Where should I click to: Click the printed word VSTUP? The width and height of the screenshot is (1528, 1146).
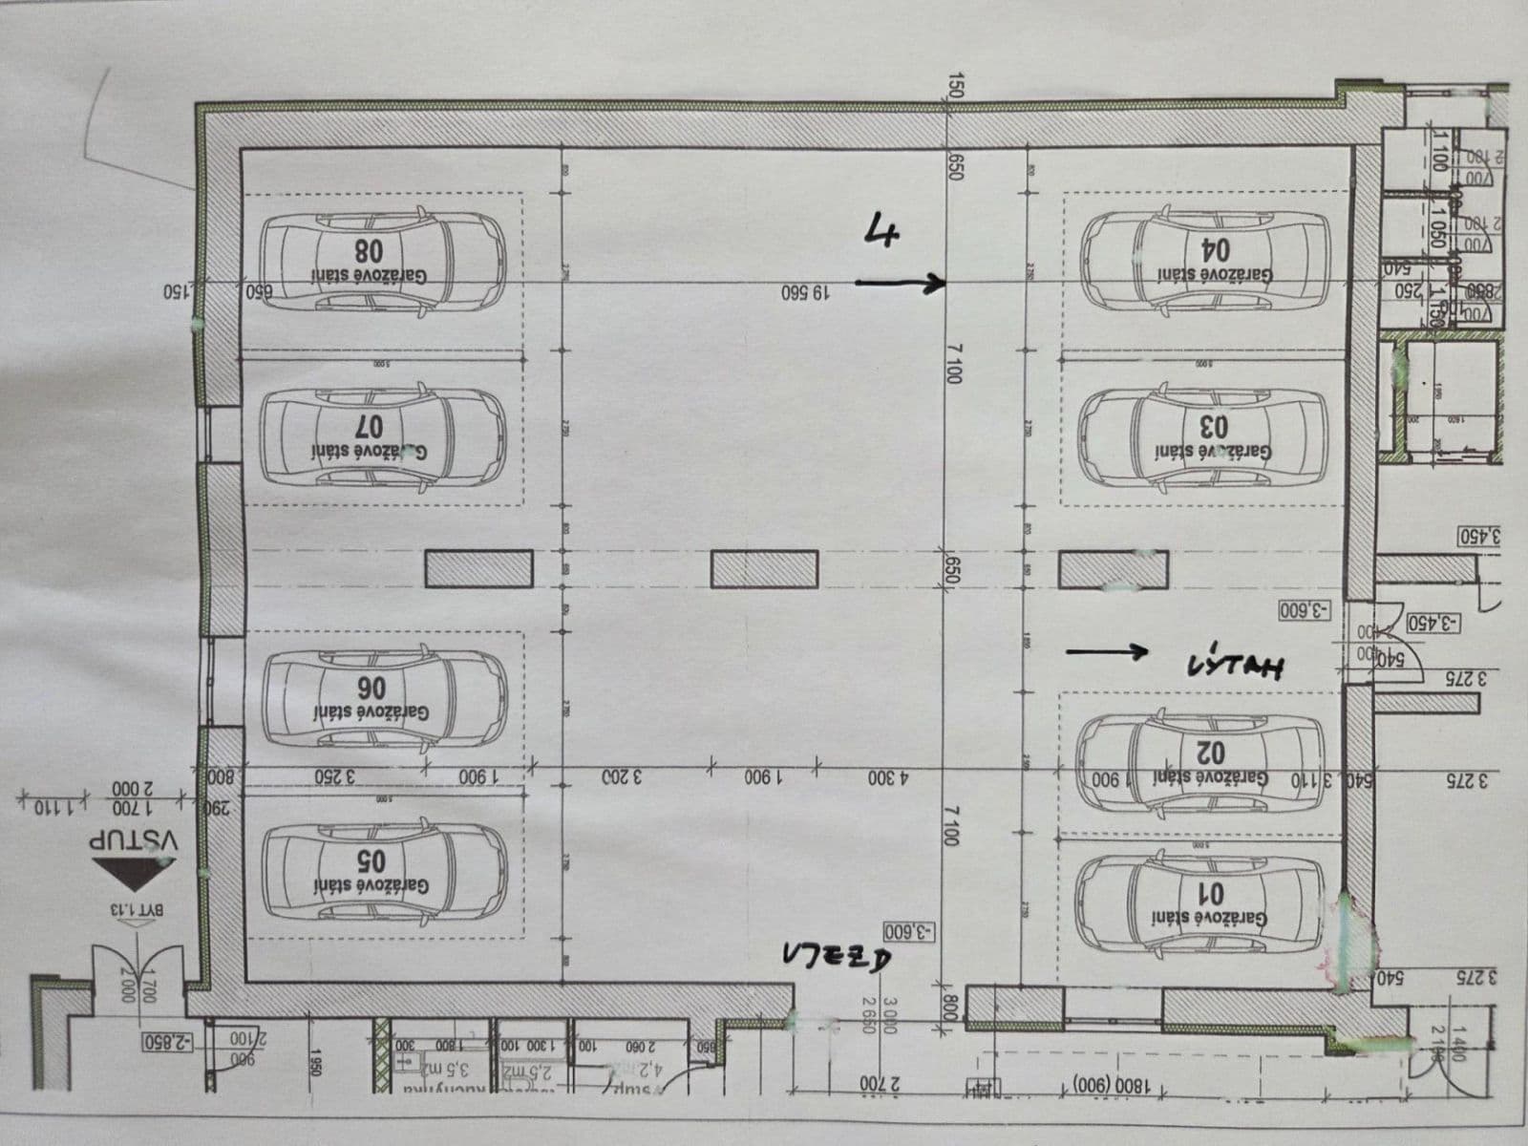(134, 840)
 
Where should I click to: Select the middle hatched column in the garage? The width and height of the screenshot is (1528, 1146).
(764, 569)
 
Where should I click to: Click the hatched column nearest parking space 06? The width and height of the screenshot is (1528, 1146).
(477, 569)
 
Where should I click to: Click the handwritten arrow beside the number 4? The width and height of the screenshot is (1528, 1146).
(900, 282)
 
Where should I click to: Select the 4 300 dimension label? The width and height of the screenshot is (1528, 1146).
(889, 777)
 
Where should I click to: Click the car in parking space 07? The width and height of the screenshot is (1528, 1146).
(382, 435)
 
